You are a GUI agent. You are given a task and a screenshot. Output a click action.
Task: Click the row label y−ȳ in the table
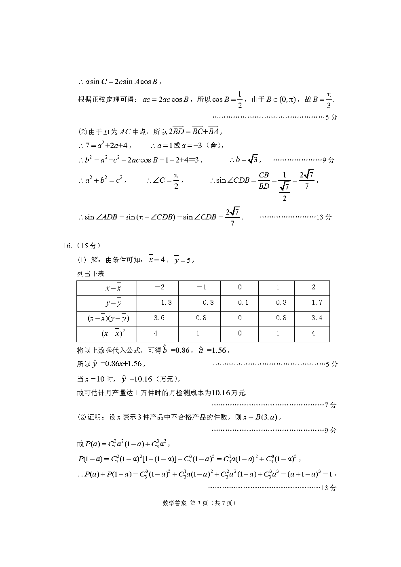pos(114,303)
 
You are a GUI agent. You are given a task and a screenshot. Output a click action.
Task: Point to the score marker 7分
pos(330,405)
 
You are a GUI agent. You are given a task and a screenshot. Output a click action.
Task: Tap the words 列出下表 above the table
pos(91,274)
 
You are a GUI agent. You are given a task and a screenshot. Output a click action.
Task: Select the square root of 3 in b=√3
pos(253,160)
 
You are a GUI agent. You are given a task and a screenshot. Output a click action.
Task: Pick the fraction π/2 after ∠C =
pos(176,181)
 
